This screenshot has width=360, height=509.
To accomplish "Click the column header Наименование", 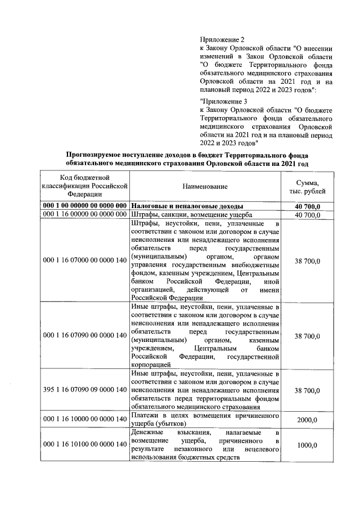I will (x=205, y=186).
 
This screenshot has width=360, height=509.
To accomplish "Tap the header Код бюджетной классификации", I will (x=84, y=186).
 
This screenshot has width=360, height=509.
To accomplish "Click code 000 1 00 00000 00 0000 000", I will (x=84, y=206).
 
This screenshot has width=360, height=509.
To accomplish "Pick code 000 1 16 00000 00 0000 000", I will (x=84, y=215).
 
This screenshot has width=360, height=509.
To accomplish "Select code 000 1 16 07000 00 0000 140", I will (x=84, y=261).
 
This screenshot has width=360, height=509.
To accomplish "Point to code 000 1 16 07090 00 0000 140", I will (x=84, y=336).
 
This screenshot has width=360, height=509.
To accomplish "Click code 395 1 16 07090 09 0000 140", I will (x=84, y=390).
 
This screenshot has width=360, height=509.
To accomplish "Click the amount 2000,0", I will (x=308, y=420).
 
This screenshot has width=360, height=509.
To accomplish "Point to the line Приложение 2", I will (x=222, y=40).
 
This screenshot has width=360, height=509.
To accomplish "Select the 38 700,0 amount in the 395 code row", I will (x=308, y=390).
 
